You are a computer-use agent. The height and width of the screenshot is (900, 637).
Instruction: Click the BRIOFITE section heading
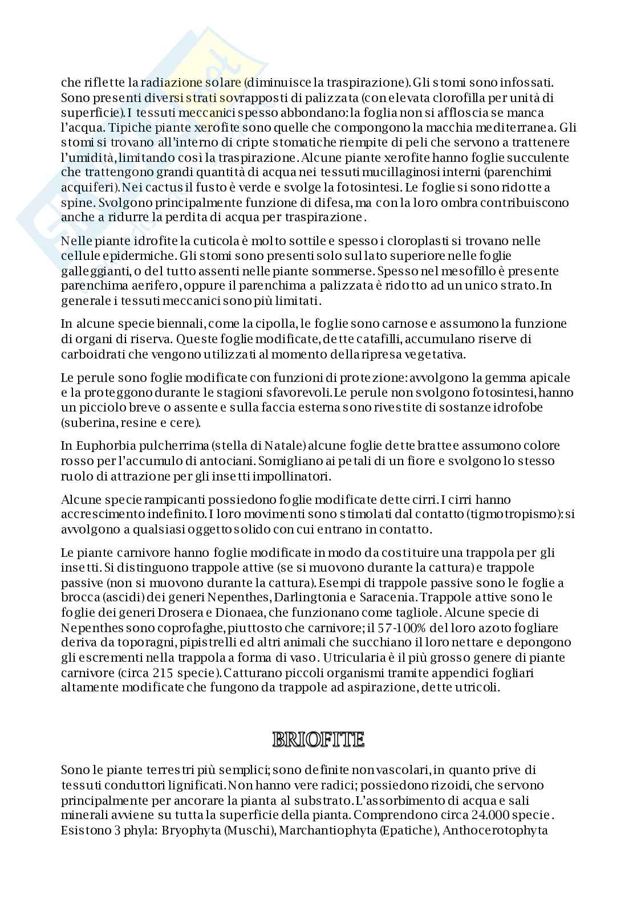tap(318, 740)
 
